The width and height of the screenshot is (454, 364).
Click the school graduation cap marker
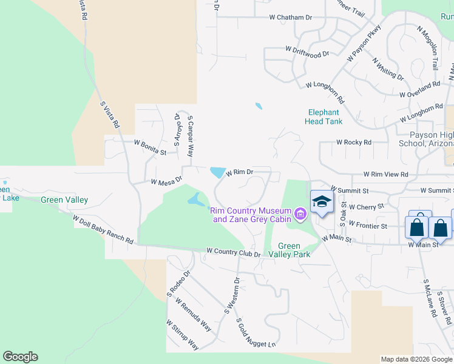(x=322, y=203)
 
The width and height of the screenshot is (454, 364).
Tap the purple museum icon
(x=300, y=214)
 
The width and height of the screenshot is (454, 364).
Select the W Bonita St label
(x=149, y=147)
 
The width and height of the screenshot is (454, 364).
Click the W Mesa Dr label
(x=166, y=181)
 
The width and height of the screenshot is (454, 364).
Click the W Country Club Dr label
(x=233, y=252)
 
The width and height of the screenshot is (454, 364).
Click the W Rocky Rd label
(x=353, y=143)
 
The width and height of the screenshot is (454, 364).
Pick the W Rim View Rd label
(x=385, y=174)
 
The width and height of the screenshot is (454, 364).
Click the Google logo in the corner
(x=20, y=357)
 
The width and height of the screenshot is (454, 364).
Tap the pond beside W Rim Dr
(x=217, y=172)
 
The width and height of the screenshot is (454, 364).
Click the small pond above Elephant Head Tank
(x=259, y=106)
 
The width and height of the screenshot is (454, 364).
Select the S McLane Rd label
(x=430, y=298)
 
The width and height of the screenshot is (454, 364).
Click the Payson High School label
(x=425, y=139)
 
